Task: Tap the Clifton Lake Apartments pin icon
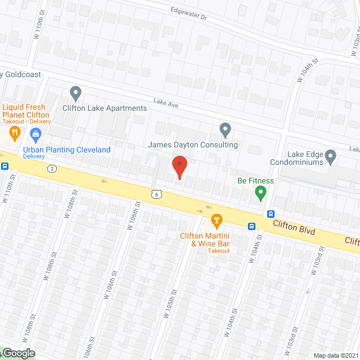tap(75, 93)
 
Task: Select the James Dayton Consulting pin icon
tap(225, 130)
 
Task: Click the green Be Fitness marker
tap(260, 194)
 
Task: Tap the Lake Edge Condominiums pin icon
tap(330, 156)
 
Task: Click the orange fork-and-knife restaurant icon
tap(15, 134)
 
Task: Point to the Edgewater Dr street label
tap(188, 15)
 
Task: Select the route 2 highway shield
tap(52, 169)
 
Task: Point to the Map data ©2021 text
tap(335, 355)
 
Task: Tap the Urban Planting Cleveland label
tap(66, 150)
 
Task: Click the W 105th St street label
tap(170, 304)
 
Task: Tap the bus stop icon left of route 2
tap(5, 166)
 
